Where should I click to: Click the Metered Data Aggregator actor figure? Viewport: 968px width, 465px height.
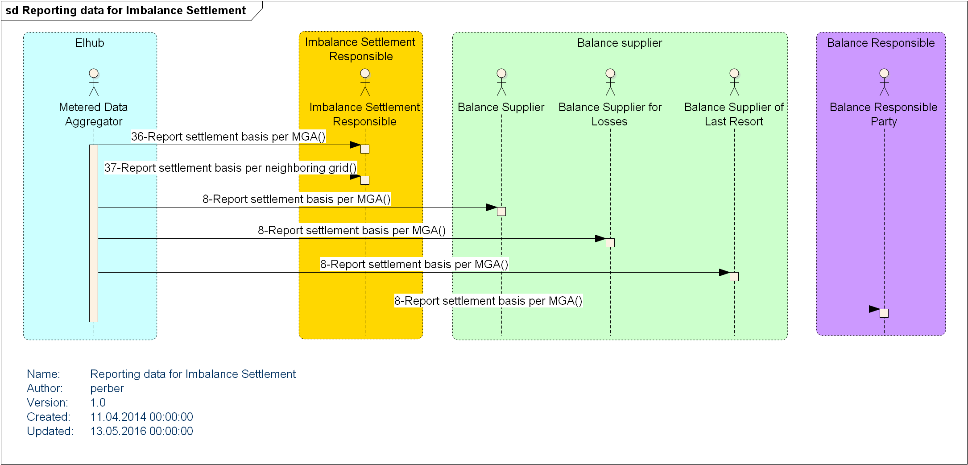(94, 82)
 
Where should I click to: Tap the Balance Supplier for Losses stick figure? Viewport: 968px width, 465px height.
(610, 82)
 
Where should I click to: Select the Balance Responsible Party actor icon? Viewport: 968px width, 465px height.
(884, 82)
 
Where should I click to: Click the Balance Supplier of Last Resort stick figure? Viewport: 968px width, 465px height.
(734, 82)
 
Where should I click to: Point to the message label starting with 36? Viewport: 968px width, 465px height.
(228, 137)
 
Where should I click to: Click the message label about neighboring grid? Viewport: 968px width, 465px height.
(230, 168)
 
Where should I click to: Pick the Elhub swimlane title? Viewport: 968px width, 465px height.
(90, 43)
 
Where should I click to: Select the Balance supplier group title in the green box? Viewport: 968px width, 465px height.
(620, 43)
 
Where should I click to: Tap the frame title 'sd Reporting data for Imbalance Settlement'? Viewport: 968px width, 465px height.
(125, 10)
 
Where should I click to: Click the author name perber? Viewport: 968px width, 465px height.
(107, 388)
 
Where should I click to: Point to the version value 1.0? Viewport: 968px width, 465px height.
(98, 403)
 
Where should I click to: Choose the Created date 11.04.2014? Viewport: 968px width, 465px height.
(141, 417)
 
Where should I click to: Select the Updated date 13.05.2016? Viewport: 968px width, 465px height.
(141, 431)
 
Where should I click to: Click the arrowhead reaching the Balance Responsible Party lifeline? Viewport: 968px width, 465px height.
(874, 309)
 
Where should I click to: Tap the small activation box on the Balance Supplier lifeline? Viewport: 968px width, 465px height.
(501, 212)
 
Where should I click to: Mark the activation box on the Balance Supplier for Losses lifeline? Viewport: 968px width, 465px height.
(610, 243)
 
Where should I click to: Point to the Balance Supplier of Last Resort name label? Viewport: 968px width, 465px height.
(734, 114)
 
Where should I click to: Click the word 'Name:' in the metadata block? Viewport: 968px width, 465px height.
(43, 374)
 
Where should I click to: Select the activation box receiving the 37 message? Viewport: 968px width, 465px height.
(365, 180)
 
